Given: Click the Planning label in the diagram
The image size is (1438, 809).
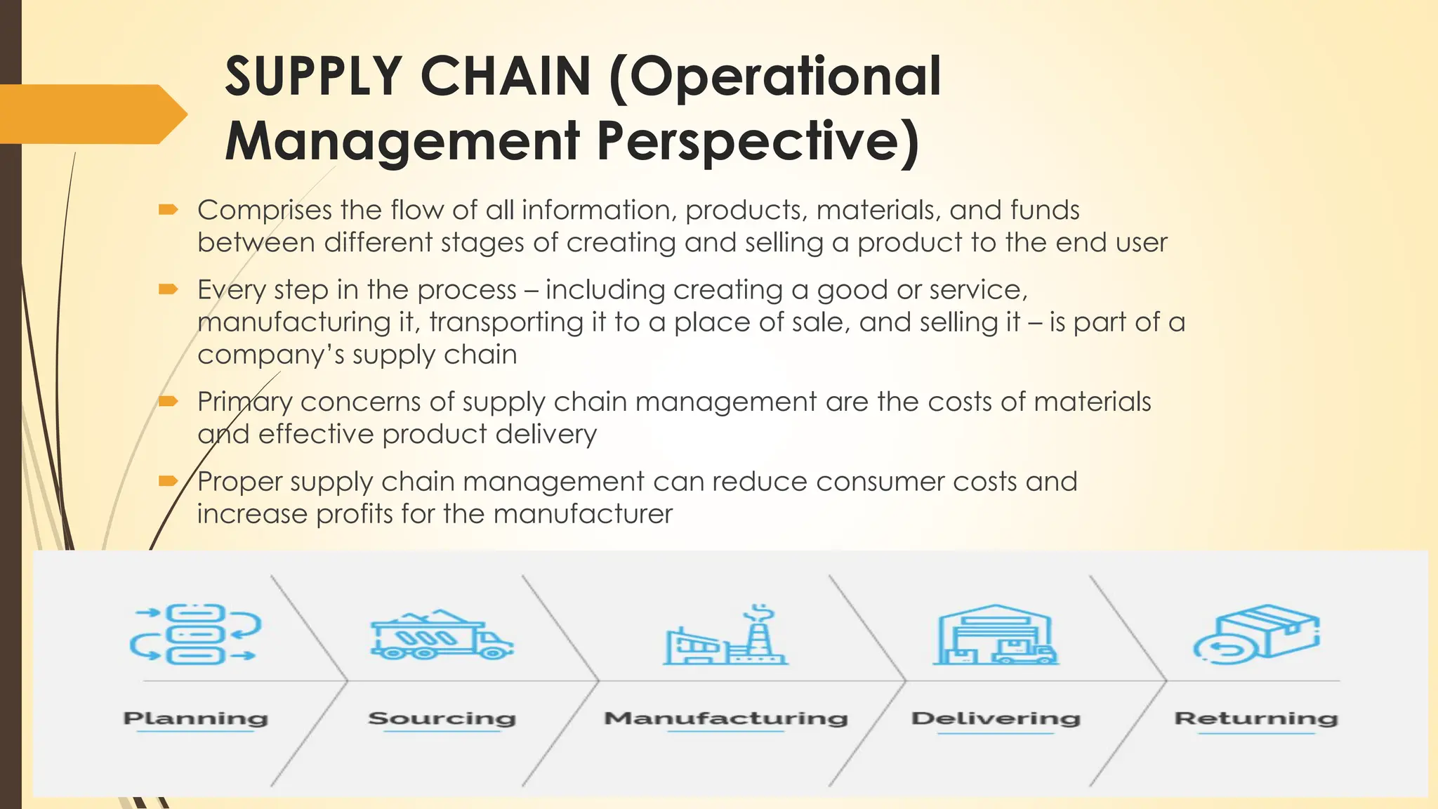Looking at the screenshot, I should click(x=196, y=718).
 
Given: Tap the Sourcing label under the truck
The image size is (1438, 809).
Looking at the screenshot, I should click(x=442, y=718).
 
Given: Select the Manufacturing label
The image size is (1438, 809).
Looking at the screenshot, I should click(x=726, y=718).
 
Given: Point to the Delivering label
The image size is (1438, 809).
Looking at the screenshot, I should click(x=996, y=718).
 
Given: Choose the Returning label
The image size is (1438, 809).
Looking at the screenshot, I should click(x=1256, y=718).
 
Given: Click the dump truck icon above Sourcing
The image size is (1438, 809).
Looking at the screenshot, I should click(x=441, y=634).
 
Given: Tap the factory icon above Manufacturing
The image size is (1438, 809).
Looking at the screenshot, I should click(x=726, y=636).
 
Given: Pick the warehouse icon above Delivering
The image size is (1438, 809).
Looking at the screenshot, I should click(x=995, y=634).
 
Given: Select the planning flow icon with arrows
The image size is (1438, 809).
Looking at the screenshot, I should click(x=195, y=634).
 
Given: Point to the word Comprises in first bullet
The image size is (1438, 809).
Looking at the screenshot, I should click(x=265, y=210).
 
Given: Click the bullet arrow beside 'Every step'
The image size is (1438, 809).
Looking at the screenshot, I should click(x=169, y=289).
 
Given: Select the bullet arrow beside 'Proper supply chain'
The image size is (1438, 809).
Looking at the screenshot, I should click(x=169, y=481).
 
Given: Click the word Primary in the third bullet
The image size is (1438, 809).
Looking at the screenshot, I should click(x=244, y=402).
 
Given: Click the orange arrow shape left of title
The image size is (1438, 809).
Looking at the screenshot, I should click(x=91, y=114).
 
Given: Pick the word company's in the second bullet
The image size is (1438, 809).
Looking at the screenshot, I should click(x=270, y=355).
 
